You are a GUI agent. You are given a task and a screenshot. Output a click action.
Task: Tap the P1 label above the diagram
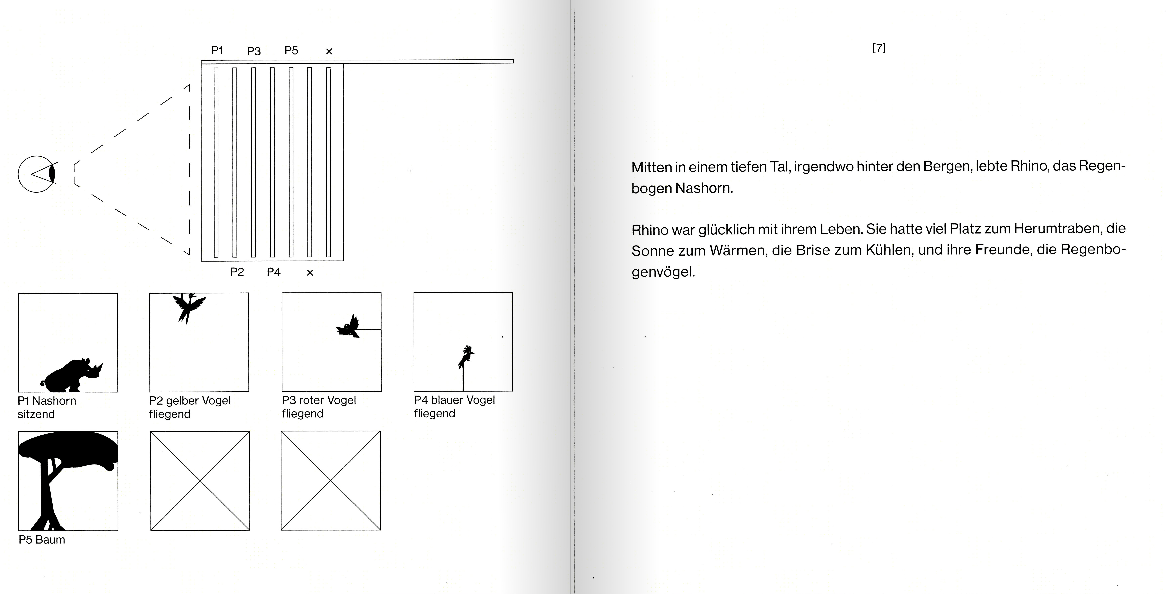coord(217,50)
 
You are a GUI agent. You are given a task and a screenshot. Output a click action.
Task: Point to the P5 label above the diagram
coord(291,50)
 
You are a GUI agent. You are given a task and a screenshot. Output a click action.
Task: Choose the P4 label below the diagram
coord(273,272)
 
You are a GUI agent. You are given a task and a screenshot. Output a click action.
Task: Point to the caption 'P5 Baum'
coord(42,540)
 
